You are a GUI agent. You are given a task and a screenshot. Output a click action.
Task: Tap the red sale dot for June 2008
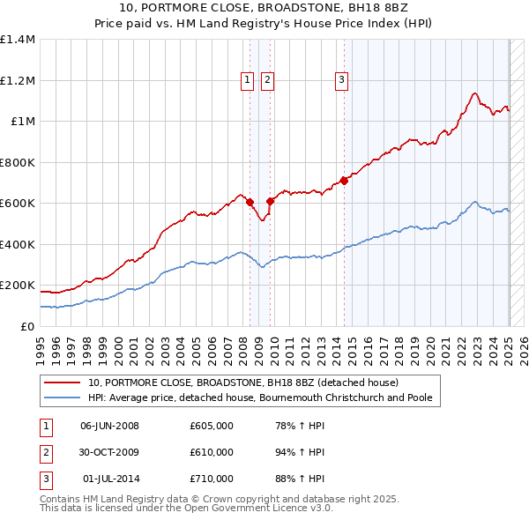click(x=250, y=202)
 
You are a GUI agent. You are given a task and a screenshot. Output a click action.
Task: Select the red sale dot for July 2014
click(x=345, y=180)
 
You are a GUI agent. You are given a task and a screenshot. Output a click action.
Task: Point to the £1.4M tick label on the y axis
click(x=18, y=40)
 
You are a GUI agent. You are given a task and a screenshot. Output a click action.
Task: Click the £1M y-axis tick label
click(x=23, y=122)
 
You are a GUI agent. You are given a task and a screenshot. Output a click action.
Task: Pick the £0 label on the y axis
click(x=28, y=326)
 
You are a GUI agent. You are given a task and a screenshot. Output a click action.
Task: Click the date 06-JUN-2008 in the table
click(x=109, y=426)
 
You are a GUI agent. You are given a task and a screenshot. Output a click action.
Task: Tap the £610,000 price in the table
click(x=212, y=452)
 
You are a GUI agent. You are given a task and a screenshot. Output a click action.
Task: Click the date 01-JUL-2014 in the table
click(x=110, y=479)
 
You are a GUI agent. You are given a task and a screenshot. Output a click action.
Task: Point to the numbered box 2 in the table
click(x=44, y=452)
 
